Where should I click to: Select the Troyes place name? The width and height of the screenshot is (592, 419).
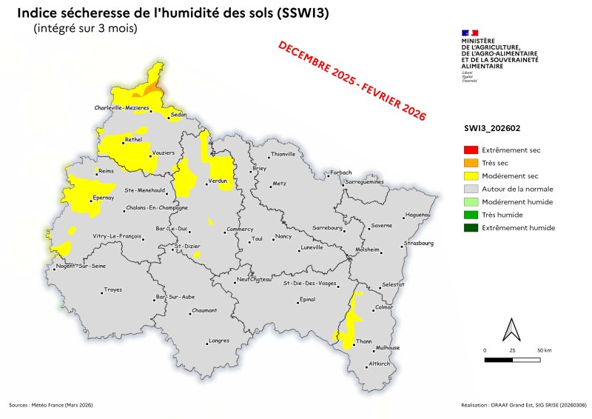tap(113, 289)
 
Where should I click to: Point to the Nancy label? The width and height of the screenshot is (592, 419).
tap(283, 236)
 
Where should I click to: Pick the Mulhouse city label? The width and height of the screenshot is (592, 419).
tap(388, 347)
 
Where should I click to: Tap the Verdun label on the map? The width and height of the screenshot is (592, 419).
tap(218, 181)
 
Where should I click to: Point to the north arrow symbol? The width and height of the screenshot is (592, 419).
tap(509, 329)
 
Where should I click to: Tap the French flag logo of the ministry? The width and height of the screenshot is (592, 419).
tap(469, 33)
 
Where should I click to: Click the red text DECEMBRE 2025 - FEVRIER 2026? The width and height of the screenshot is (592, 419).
tap(352, 81)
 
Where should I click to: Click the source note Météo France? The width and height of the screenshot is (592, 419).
tap(51, 405)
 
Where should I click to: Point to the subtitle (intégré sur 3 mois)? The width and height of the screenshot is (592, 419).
tap(85, 28)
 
